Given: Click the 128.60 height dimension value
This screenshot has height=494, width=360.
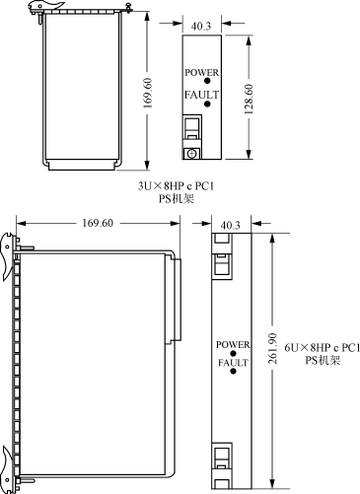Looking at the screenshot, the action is click(249, 100).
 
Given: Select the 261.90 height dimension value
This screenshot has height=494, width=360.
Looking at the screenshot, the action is click(272, 348).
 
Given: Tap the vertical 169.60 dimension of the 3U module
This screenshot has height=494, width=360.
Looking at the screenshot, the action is click(147, 93).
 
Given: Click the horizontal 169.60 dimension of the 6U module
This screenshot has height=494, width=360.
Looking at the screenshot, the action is click(98, 223).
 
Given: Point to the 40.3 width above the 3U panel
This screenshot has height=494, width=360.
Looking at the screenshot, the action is click(201, 27).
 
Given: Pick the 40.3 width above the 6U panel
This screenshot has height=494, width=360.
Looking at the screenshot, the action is click(231, 226).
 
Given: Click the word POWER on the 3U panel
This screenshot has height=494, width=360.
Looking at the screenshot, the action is click(201, 72).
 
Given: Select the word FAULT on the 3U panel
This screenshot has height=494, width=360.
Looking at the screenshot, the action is click(201, 95).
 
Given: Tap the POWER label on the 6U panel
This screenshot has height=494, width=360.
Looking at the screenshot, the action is click(233, 345).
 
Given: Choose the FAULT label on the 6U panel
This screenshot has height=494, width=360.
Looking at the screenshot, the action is click(233, 363).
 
